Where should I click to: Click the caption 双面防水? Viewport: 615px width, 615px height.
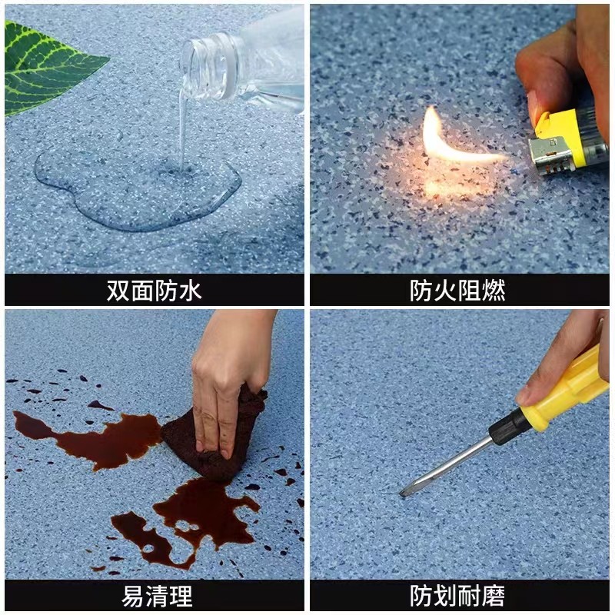pyautogui.click(x=154, y=291)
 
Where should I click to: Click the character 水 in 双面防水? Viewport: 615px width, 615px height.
pyautogui.click(x=190, y=291)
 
